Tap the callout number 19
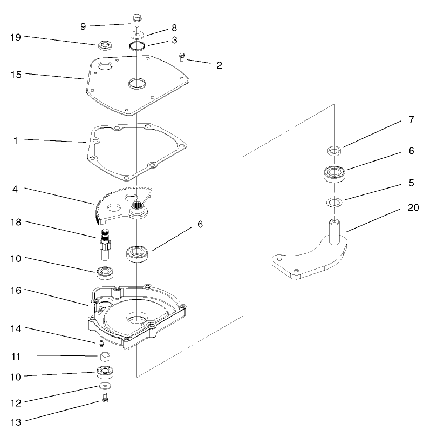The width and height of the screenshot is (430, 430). [x=16, y=37]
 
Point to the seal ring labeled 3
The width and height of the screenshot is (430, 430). [x=137, y=45]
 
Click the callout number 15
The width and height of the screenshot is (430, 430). [x=16, y=74]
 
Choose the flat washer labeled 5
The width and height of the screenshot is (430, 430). [x=333, y=203]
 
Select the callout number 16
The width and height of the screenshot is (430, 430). [x=16, y=291]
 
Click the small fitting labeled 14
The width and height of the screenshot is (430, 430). [x=101, y=342]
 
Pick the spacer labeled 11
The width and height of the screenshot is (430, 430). [x=105, y=357]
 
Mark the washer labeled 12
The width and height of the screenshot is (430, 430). [x=105, y=386]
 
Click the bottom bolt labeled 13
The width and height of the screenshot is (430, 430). [x=105, y=398]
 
